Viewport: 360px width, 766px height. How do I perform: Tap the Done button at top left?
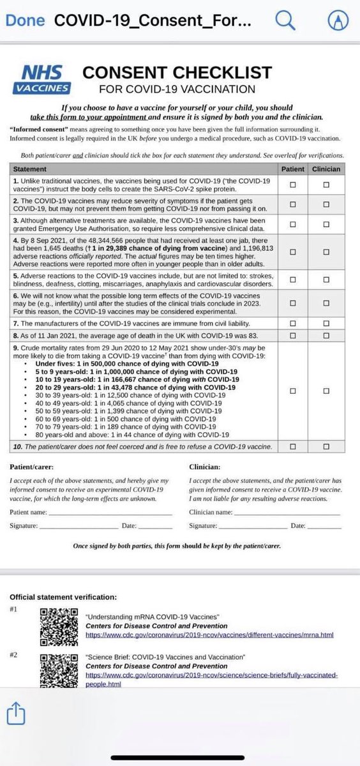tap(26, 20)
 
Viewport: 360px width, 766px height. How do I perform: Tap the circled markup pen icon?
tap(336, 20)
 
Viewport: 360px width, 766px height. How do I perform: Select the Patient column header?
tap(293, 169)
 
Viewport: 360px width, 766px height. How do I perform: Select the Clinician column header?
tap(326, 169)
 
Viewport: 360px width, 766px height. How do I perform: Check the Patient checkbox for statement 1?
tap(293, 184)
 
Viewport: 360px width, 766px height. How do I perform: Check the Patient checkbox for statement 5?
tap(293, 280)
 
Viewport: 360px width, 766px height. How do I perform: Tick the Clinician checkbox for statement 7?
tap(326, 324)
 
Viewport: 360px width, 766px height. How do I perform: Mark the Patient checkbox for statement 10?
tap(293, 446)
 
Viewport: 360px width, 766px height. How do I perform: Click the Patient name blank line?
tap(110, 513)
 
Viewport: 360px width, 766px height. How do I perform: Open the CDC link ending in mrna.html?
tap(210, 636)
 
